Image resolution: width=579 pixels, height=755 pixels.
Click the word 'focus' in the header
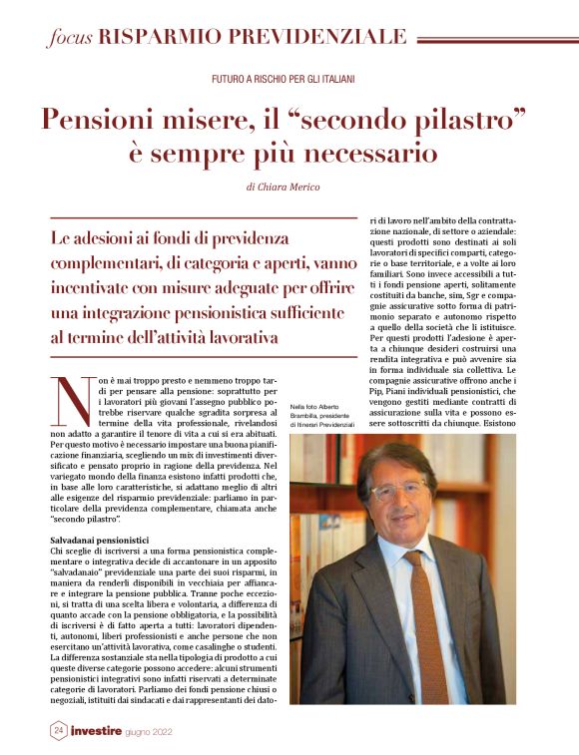[70, 38]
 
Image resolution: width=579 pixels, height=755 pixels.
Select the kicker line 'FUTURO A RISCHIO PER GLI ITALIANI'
[284, 78]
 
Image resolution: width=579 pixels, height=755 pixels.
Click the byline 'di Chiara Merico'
[289, 187]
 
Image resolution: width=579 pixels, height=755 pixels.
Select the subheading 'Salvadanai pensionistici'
[97, 539]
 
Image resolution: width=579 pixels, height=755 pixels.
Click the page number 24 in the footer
[59, 731]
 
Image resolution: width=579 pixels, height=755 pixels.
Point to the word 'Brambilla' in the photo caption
[307, 417]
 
